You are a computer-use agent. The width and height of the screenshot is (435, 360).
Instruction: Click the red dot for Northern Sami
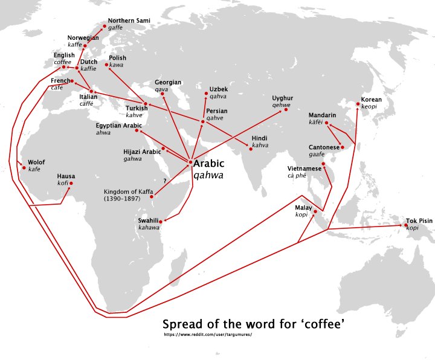(x=104, y=27)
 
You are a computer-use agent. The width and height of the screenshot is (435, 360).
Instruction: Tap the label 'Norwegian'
(x=83, y=37)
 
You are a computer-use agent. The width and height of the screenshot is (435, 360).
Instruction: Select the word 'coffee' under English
(x=62, y=62)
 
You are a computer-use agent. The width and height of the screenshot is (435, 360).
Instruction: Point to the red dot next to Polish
(x=106, y=64)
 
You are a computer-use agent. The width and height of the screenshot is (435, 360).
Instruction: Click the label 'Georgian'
(x=168, y=82)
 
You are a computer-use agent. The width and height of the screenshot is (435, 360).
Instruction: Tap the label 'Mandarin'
(x=321, y=114)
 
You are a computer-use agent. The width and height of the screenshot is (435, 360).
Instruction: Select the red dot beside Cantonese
(x=342, y=146)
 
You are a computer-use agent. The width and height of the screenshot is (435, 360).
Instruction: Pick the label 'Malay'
(x=303, y=208)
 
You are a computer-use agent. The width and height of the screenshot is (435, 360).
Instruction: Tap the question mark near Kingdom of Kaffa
(x=164, y=180)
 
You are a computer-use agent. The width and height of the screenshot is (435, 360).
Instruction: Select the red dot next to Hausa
(x=71, y=183)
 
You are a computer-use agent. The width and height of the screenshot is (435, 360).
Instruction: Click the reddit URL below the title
(x=207, y=334)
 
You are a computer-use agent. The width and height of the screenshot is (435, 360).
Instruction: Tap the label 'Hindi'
(x=260, y=138)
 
